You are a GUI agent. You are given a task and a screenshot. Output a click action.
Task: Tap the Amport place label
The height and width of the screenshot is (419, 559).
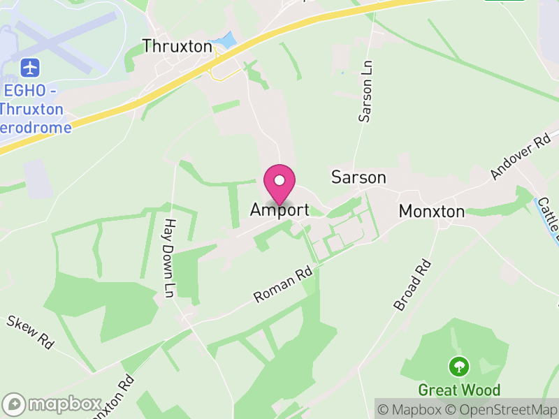(x=279, y=210)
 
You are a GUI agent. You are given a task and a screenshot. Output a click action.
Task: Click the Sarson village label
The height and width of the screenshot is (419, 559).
(x=358, y=177)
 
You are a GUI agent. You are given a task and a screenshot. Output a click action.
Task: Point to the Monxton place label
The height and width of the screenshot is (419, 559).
(x=431, y=212)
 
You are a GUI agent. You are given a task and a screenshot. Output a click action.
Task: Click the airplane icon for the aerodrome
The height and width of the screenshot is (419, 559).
(x=30, y=68)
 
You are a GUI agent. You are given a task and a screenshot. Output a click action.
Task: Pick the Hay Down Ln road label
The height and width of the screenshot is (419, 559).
(x=168, y=258)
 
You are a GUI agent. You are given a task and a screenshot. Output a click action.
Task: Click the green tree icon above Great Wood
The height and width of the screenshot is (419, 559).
(x=459, y=366)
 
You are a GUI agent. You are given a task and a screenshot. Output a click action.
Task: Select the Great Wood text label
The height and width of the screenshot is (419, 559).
(x=459, y=389)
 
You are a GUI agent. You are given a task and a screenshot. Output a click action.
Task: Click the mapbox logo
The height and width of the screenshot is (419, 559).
(x=53, y=404)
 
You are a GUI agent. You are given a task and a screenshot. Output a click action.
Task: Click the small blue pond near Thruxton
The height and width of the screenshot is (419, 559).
(x=226, y=41)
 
